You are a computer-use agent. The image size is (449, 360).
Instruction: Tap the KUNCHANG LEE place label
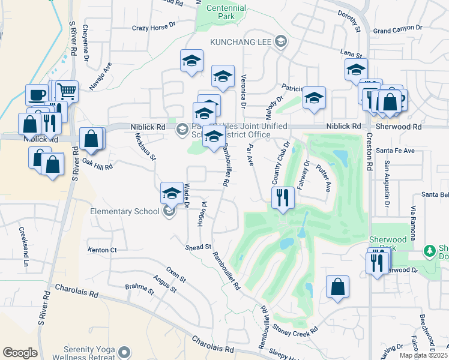point(242,41)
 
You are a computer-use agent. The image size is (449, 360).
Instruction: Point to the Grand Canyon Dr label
point(398,28)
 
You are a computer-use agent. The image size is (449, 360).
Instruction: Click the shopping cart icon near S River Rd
point(67,91)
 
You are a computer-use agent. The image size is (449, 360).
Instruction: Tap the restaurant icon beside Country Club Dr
point(282,196)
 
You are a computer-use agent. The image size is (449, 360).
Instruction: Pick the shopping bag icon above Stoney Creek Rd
point(338,286)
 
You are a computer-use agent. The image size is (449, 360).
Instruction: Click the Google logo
point(20,353)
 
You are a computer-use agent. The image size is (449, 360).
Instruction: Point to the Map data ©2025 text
point(423,355)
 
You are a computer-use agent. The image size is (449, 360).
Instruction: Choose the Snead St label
point(199,247)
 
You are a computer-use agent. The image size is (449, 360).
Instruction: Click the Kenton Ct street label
point(101,250)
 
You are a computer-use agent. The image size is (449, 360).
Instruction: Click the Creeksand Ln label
point(23,247)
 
